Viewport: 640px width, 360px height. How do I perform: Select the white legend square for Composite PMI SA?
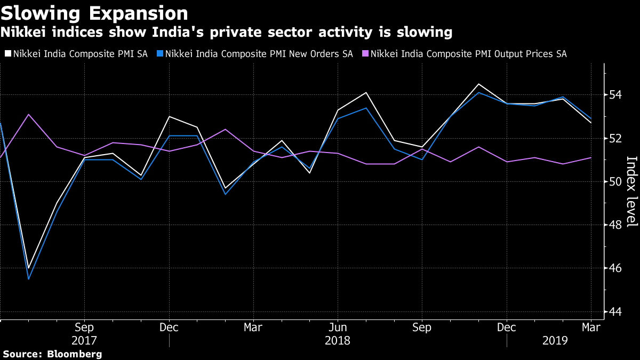pyautogui.click(x=7, y=54)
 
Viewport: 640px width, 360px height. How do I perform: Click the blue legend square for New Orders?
pyautogui.click(x=160, y=54)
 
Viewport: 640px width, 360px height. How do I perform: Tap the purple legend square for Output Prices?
pyautogui.click(x=365, y=54)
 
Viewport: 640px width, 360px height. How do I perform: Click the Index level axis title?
pyautogui.click(x=631, y=191)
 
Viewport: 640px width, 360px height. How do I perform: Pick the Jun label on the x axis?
pyautogui.click(x=337, y=327)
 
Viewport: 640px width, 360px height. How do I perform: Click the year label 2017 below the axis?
pyautogui.click(x=84, y=340)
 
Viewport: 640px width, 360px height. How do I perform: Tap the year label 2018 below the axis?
pyautogui.click(x=337, y=340)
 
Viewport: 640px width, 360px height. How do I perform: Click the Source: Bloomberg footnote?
pyautogui.click(x=52, y=354)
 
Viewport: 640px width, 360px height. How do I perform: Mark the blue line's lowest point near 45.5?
pyautogui.click(x=28, y=279)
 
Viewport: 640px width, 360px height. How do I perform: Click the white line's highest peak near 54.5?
pyautogui.click(x=478, y=84)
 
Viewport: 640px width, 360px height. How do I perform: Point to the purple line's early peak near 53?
pyautogui.click(x=28, y=114)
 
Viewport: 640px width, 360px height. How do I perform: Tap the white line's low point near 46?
pyautogui.click(x=28, y=268)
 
